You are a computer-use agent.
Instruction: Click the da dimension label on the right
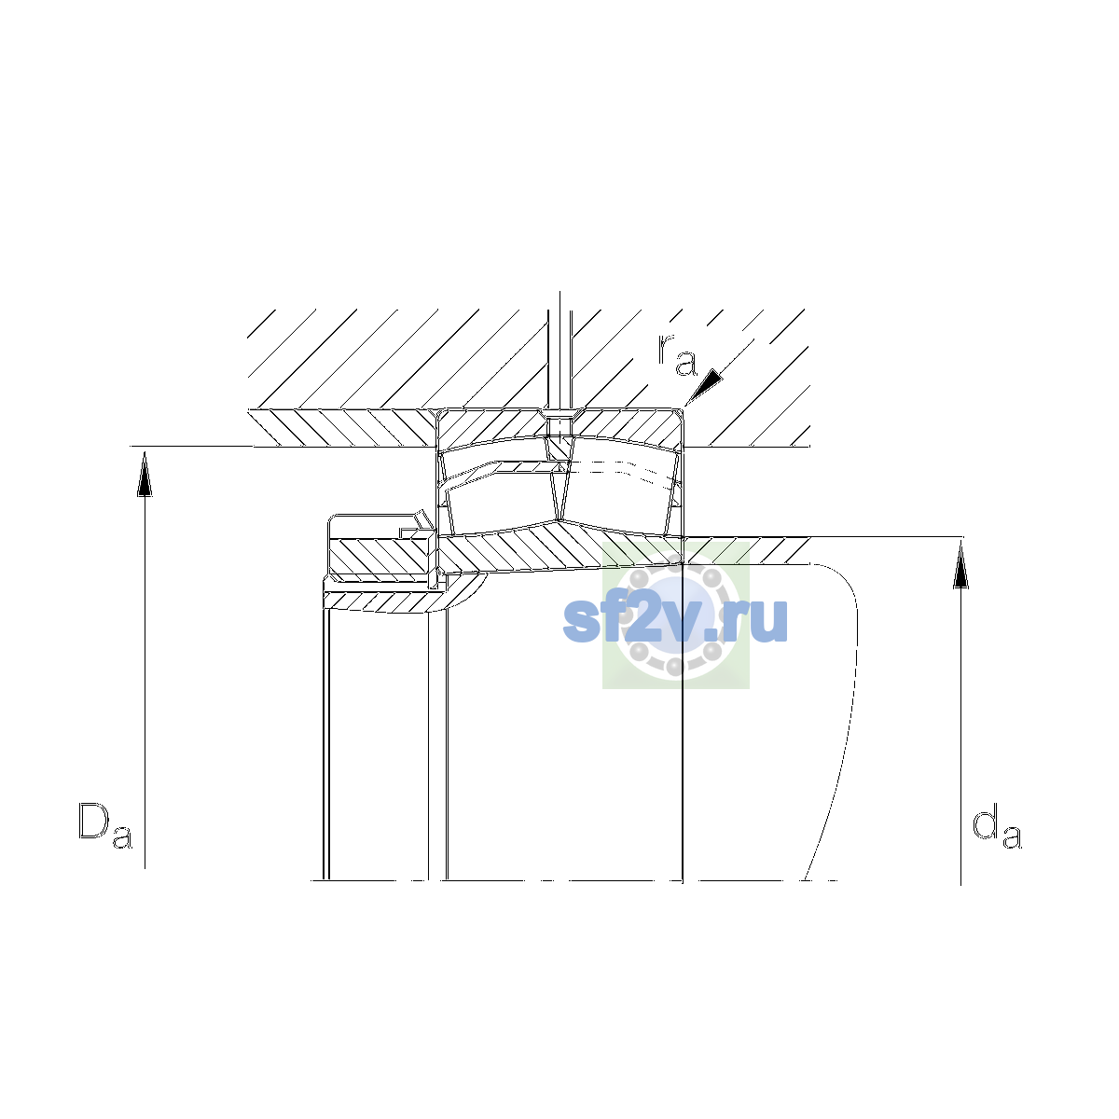[997, 826]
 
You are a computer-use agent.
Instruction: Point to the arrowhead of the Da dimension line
[145, 475]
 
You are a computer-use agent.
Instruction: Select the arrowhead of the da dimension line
[961, 565]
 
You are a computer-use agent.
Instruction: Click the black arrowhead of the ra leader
[705, 385]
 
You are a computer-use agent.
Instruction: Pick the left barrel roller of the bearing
[500, 499]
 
